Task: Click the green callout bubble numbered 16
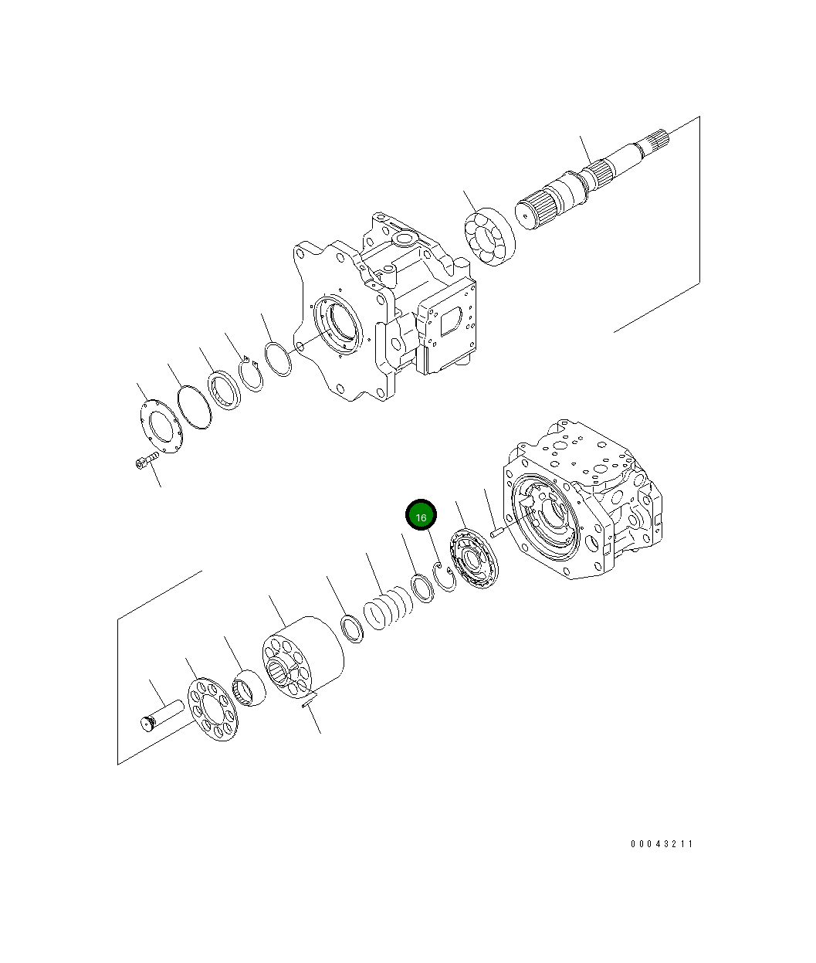422,517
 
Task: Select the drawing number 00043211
662,843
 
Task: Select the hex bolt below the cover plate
144,462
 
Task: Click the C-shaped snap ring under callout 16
446,578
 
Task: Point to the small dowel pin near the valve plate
496,531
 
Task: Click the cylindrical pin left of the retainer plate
161,714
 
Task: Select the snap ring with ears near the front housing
251,375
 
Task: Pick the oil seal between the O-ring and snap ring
224,390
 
